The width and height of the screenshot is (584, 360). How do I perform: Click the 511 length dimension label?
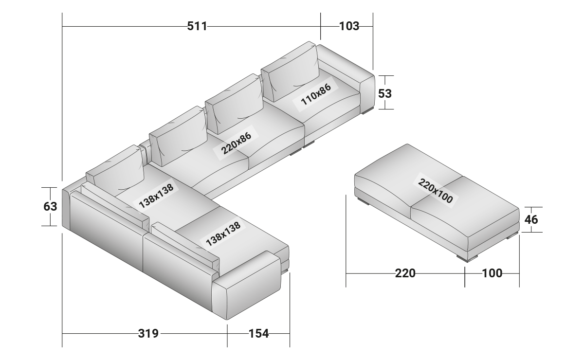click(197, 26)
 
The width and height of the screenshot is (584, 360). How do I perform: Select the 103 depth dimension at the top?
click(349, 26)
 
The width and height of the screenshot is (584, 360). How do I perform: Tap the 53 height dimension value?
click(385, 93)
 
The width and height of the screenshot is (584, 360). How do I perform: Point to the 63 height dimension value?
click(51, 207)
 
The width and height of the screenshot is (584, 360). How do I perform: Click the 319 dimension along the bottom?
click(148, 333)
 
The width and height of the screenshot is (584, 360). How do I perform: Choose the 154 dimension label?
click(258, 333)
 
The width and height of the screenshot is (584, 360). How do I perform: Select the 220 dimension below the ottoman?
click(405, 273)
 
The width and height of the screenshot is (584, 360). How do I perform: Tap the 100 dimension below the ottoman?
click(492, 273)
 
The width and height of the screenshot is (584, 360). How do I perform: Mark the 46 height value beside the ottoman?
click(531, 220)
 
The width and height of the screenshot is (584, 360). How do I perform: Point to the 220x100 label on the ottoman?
click(435, 191)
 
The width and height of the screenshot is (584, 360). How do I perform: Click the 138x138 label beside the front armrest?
click(223, 234)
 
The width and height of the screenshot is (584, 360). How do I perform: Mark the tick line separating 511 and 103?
click(321, 26)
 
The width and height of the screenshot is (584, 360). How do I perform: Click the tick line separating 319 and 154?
click(227, 333)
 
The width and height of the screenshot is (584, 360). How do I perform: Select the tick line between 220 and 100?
click(465, 273)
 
